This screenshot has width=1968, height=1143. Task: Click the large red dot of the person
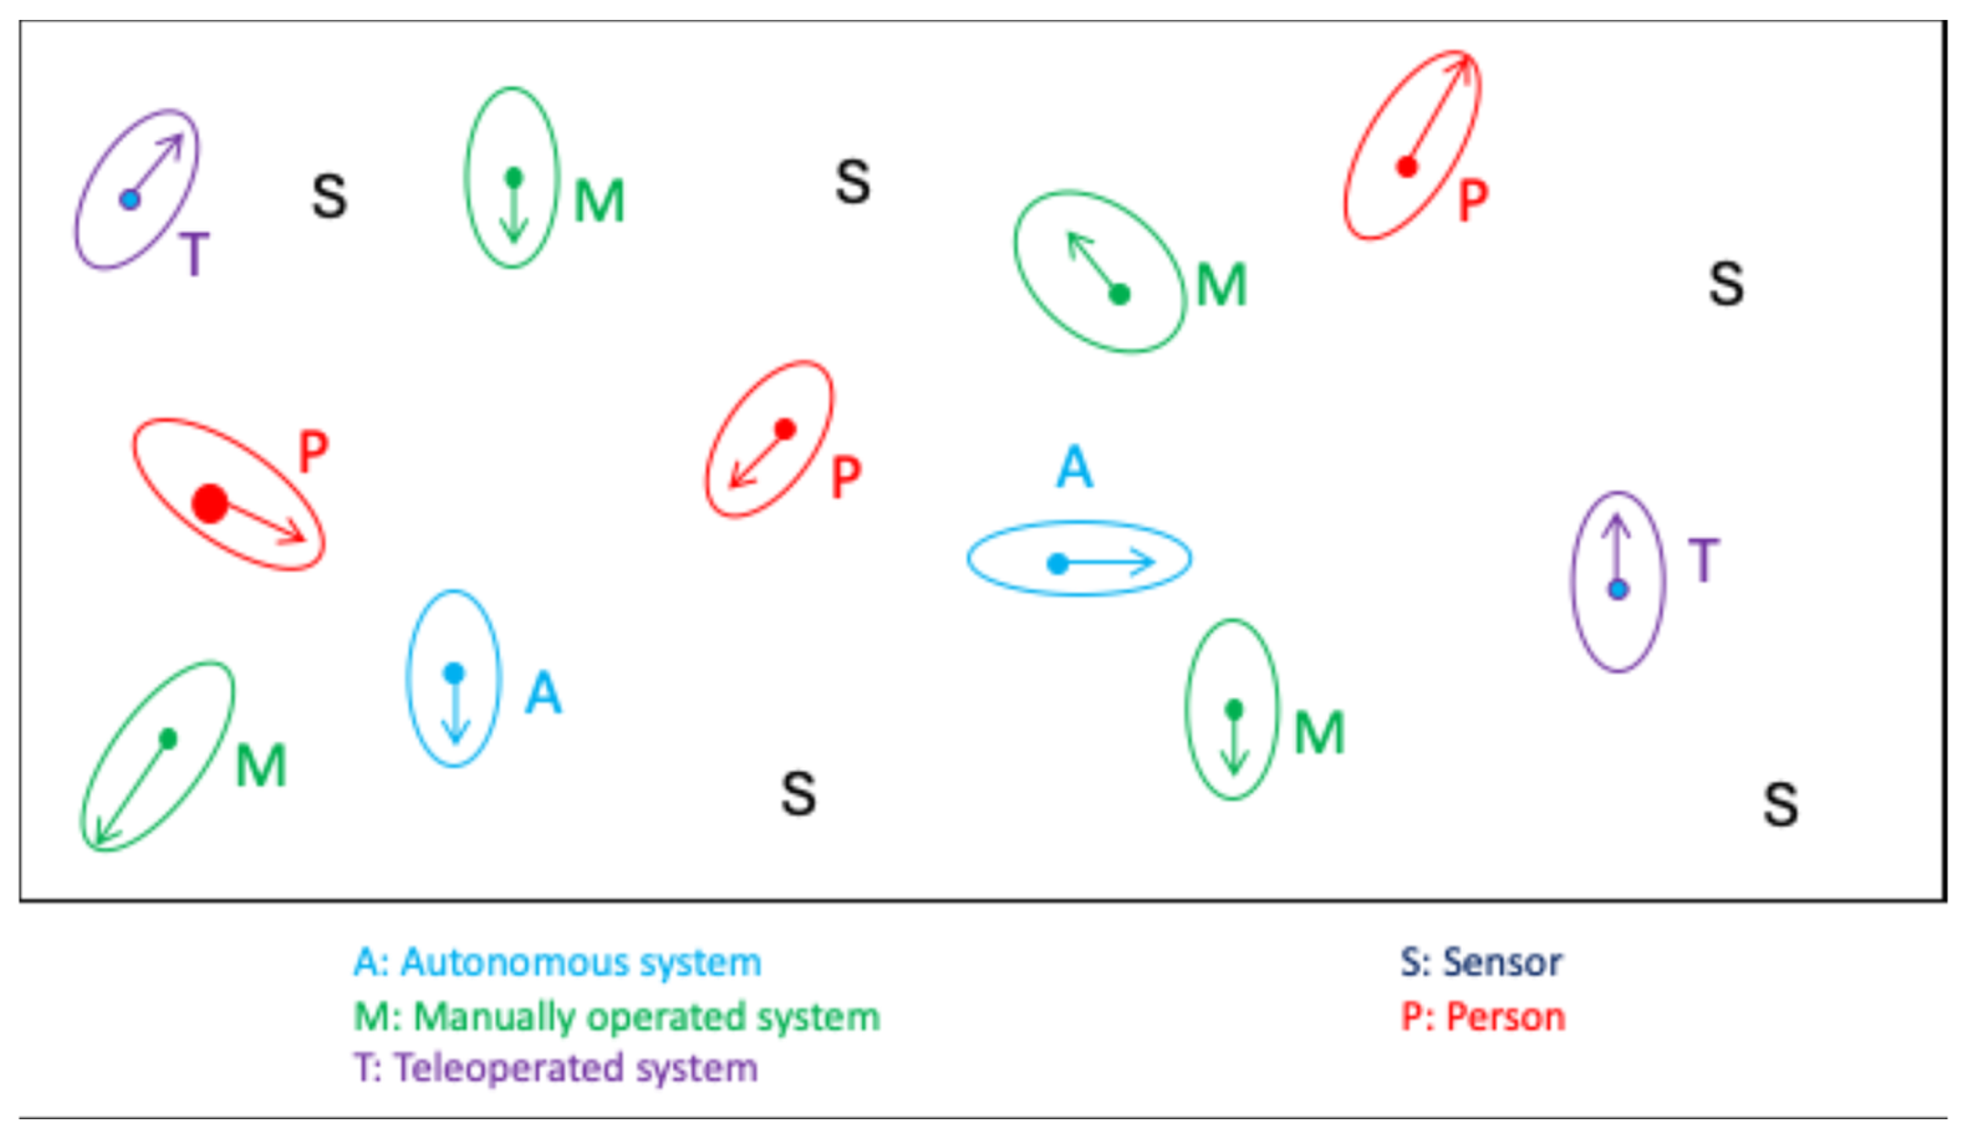click(x=210, y=503)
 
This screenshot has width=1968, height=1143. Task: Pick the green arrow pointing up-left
click(x=1093, y=263)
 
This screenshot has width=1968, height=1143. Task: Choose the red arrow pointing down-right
click(x=262, y=523)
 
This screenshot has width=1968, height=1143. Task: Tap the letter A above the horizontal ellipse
click(x=1075, y=466)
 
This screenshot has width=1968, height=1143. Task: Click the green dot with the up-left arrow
click(x=1120, y=294)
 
